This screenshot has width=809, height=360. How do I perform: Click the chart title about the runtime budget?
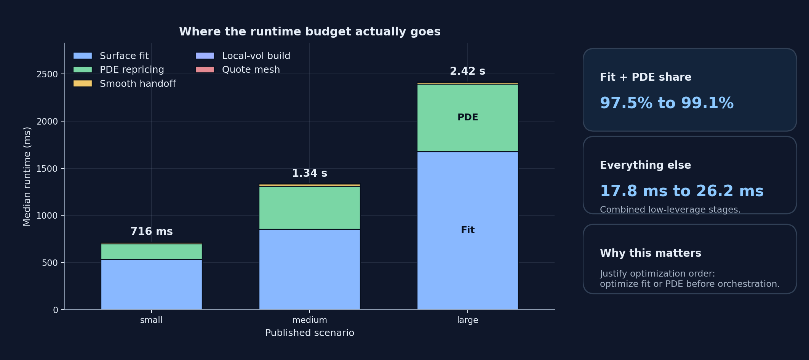tap(309, 32)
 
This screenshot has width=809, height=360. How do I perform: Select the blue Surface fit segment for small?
tap(151, 284)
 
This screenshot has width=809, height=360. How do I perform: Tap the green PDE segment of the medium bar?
tap(309, 208)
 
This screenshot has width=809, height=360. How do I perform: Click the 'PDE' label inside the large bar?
tap(467, 117)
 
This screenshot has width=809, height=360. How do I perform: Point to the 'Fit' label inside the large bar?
tap(467, 230)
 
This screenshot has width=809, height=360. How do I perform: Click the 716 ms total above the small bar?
tap(151, 232)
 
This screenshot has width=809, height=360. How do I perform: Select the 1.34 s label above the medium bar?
tap(309, 173)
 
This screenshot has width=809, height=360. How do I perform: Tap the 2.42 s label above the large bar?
tap(467, 71)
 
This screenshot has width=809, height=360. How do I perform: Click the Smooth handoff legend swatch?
tap(83, 83)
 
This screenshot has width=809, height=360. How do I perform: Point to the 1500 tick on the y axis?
tap(47, 168)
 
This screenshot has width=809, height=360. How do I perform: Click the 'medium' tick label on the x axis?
tap(309, 320)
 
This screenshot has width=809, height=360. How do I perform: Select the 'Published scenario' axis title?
tap(309, 333)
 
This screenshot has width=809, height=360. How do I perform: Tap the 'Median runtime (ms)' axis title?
tap(27, 176)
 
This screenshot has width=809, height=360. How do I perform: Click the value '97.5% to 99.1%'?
tap(667, 103)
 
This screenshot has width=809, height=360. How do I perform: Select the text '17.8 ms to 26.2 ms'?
tap(681, 191)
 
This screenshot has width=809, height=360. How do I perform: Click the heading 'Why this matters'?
tap(650, 253)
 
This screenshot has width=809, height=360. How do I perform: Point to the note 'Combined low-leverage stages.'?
tap(670, 210)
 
